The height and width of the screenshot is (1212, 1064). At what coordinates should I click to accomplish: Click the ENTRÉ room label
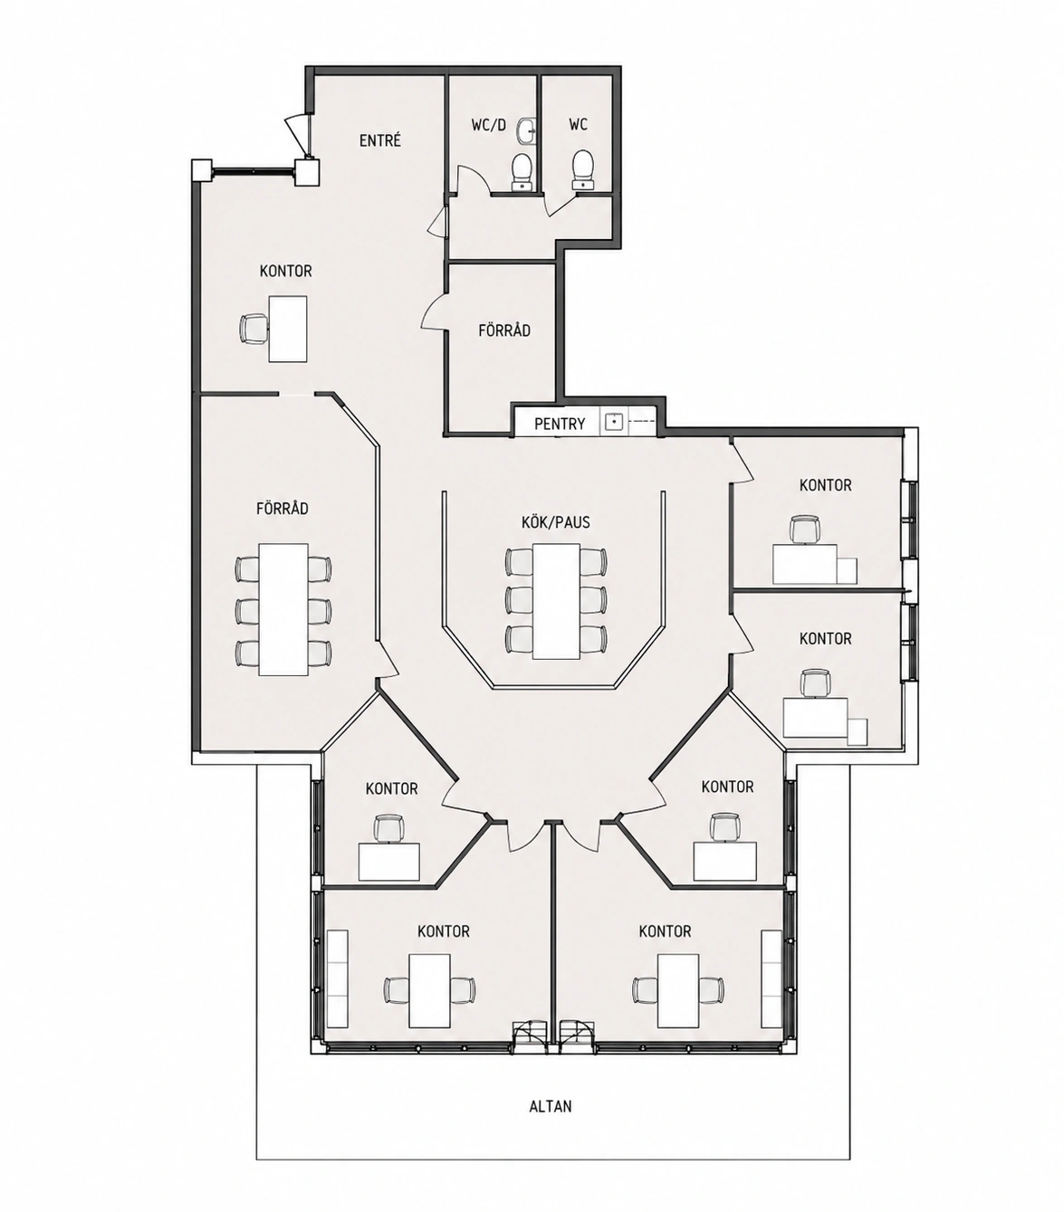click(x=380, y=140)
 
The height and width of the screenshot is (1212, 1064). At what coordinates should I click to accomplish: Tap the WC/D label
click(x=488, y=125)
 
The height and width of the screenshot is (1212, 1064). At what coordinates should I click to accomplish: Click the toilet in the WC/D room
click(x=522, y=172)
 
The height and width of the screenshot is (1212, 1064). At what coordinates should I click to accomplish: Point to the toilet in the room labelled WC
click(x=582, y=170)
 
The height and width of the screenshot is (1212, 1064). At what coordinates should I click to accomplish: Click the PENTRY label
click(x=560, y=425)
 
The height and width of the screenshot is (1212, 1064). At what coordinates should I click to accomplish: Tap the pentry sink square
click(x=613, y=422)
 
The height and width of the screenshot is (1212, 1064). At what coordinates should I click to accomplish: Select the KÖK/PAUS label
click(x=555, y=522)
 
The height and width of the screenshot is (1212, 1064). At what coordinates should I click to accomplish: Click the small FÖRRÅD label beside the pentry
click(x=503, y=330)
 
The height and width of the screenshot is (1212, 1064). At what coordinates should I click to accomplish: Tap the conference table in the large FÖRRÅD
click(x=283, y=609)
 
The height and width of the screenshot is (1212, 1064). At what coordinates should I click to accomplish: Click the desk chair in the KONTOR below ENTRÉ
click(x=254, y=329)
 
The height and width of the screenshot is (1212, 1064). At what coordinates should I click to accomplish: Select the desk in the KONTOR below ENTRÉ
click(x=288, y=329)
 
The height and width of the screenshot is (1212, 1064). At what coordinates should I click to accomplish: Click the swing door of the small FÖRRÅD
click(x=434, y=311)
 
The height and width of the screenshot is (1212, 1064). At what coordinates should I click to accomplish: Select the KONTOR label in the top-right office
click(x=825, y=485)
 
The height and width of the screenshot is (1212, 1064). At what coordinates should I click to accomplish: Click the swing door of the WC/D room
click(x=473, y=180)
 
